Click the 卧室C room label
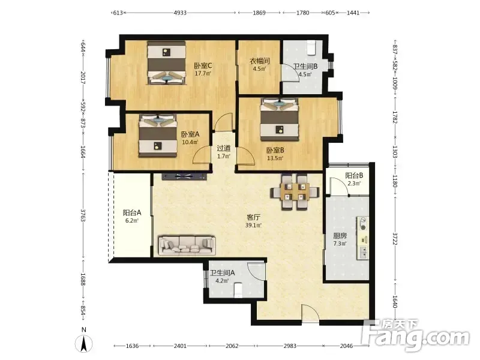(x=203, y=66)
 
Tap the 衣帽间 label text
(x=260, y=61)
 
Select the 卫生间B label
(x=305, y=67)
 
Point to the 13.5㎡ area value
(x=275, y=158)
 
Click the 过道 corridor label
(x=223, y=148)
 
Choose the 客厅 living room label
(x=253, y=217)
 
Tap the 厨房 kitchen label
(x=340, y=236)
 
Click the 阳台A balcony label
(x=132, y=212)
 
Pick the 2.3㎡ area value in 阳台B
(x=354, y=184)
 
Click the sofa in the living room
(x=187, y=245)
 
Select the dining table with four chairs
(x=295, y=192)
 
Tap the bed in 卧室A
(x=158, y=136)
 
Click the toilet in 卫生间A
(x=238, y=290)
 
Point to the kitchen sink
(x=364, y=253)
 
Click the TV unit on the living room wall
(x=184, y=176)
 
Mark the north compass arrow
(x=83, y=343)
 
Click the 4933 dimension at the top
(x=180, y=13)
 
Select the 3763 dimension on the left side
(x=83, y=215)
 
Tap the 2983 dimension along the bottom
(x=290, y=346)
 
